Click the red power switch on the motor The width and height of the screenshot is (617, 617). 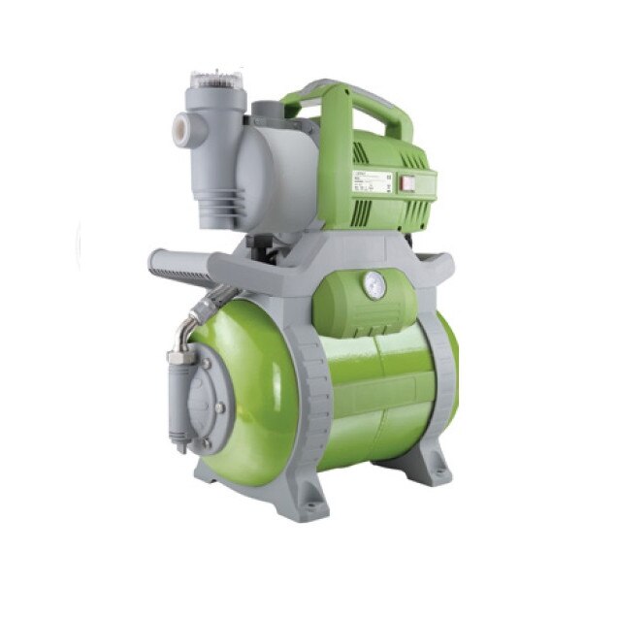coord(396,181)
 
